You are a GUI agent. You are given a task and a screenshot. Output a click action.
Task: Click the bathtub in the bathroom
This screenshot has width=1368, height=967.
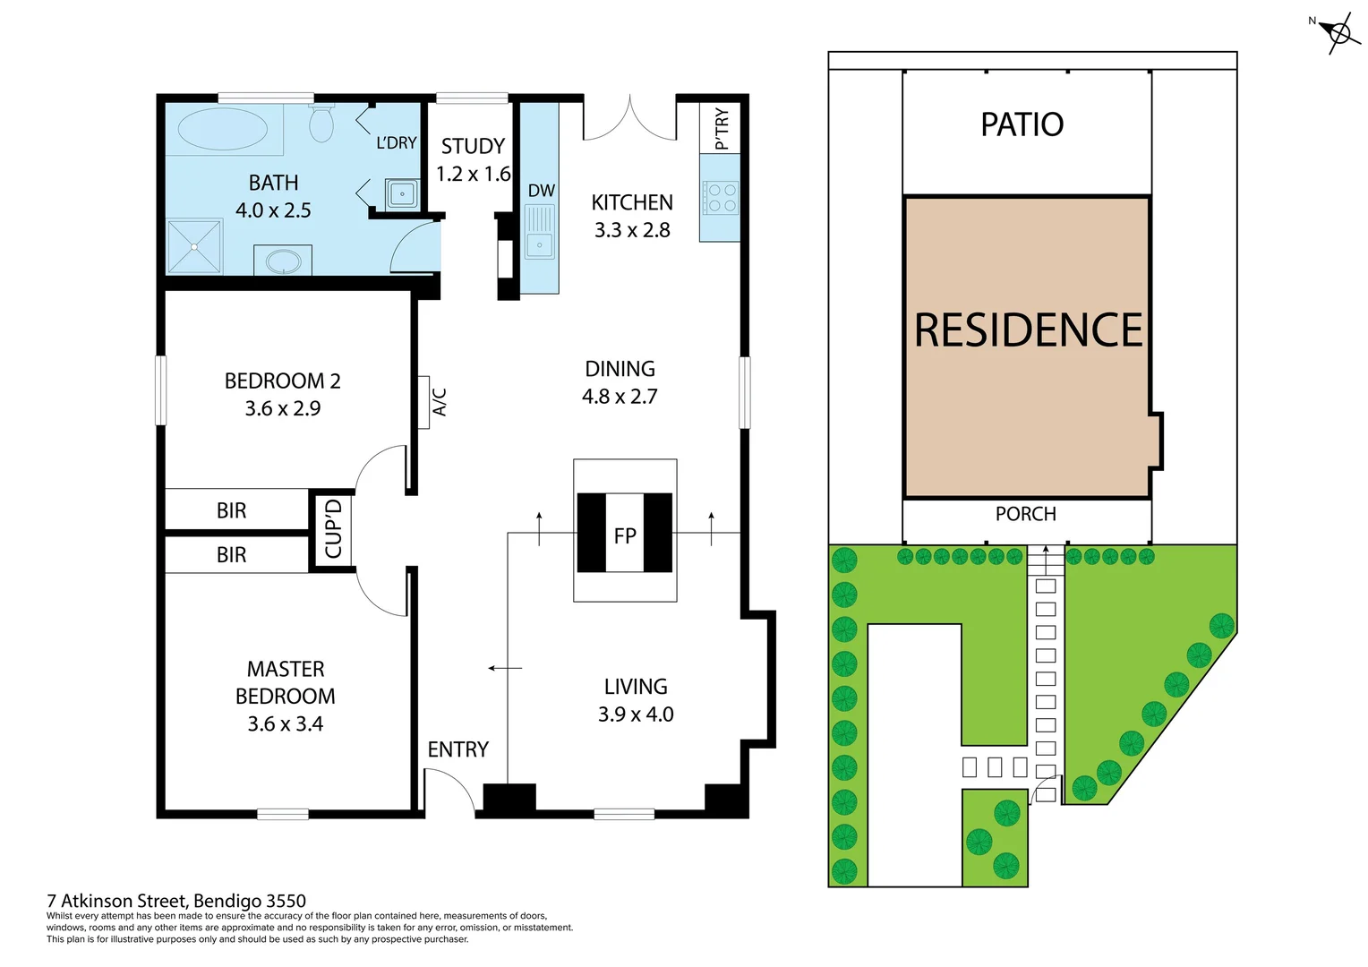click(222, 129)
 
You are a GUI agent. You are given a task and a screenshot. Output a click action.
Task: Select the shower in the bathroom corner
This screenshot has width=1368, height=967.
click(194, 246)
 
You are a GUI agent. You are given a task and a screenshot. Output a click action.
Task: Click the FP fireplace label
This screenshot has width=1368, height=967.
click(625, 535)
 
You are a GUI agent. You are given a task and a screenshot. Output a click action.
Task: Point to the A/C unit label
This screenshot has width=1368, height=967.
click(440, 402)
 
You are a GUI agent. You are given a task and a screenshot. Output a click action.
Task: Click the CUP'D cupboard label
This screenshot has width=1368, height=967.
click(333, 529)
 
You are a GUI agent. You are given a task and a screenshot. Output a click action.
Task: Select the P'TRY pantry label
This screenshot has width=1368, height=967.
click(721, 129)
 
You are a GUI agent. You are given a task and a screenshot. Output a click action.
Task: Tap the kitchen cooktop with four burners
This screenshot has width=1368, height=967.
click(721, 198)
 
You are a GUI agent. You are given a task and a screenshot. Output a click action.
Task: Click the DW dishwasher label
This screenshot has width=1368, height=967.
click(541, 191)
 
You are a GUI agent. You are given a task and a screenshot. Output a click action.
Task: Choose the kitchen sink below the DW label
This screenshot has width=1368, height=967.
click(539, 232)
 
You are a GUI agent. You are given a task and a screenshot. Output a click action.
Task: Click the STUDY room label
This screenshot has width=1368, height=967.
click(473, 146)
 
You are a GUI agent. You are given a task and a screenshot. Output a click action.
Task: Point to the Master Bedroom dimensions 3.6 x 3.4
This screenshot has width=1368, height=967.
click(285, 723)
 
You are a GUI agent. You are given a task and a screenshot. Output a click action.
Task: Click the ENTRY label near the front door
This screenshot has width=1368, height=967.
click(457, 749)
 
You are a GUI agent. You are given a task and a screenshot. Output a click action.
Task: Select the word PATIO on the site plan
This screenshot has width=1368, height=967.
click(1022, 124)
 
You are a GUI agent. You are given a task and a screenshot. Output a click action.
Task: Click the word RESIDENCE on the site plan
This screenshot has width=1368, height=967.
click(1028, 330)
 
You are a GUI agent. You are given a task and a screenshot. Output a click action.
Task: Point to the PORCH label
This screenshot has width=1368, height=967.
click(1025, 514)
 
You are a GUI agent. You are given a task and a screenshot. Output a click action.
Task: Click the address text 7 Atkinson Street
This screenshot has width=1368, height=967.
click(176, 901)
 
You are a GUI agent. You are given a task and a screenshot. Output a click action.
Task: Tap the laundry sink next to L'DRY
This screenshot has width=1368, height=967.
click(401, 193)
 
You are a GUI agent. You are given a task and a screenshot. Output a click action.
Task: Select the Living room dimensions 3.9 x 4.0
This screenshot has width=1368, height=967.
click(636, 715)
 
